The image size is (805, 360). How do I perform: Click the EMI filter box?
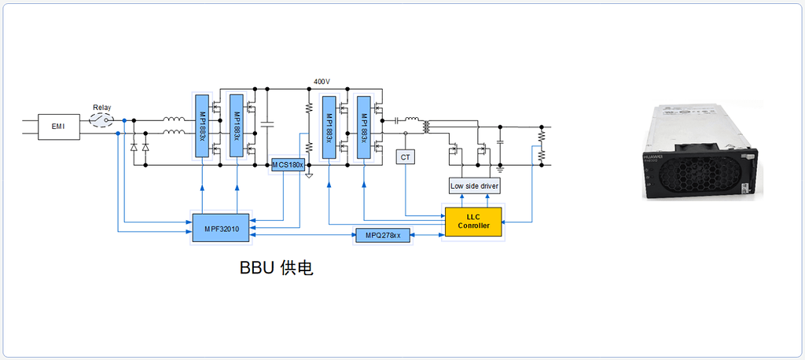[59, 126]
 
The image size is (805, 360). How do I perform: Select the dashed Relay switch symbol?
[101, 120]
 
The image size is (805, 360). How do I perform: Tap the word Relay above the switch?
[102, 108]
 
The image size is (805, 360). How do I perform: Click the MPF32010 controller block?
[222, 228]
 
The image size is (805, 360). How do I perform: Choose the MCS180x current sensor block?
[288, 164]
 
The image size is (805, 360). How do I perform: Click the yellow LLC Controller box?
[472, 222]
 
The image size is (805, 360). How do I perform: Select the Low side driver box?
[474, 186]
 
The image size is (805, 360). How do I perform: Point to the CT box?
[406, 157]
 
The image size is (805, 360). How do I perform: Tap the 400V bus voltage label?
[322, 82]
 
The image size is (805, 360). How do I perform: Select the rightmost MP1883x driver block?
[363, 127]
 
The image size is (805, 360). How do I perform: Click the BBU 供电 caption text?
[277, 268]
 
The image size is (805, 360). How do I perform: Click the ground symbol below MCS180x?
[309, 174]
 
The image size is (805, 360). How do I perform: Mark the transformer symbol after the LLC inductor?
[427, 126]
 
